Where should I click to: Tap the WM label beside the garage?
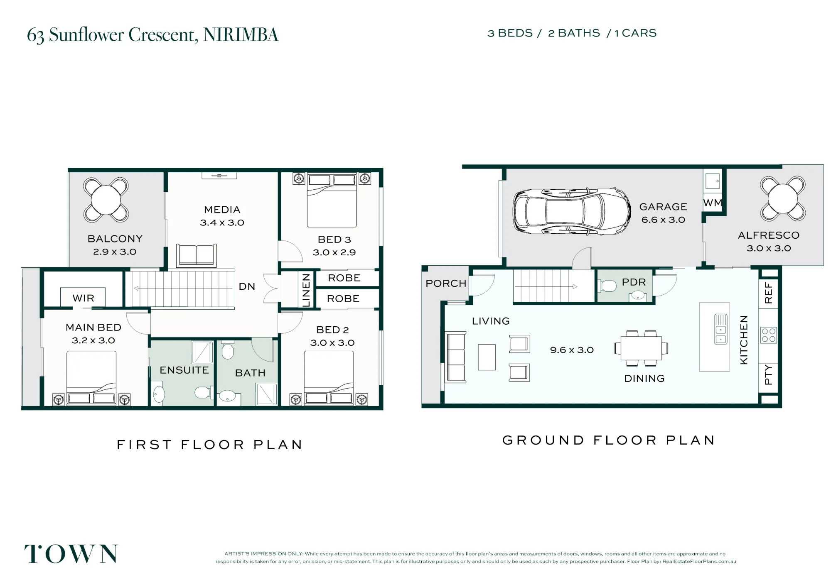[x=713, y=203]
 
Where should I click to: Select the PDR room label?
[x=634, y=282]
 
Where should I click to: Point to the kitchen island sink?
[x=720, y=329]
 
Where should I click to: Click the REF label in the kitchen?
[x=768, y=293]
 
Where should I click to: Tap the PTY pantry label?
[x=768, y=374]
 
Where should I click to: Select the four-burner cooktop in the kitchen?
[x=769, y=335]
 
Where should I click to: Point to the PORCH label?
[x=446, y=284]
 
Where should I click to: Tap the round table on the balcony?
[x=106, y=200]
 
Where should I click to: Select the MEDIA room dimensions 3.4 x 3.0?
[x=222, y=223]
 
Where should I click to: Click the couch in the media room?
[x=196, y=255]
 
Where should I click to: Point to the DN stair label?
[x=247, y=286]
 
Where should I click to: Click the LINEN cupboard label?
[x=306, y=290]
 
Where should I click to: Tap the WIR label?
[x=83, y=298]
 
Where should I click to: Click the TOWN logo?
[x=71, y=554]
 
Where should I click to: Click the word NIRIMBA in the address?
[x=241, y=35]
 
